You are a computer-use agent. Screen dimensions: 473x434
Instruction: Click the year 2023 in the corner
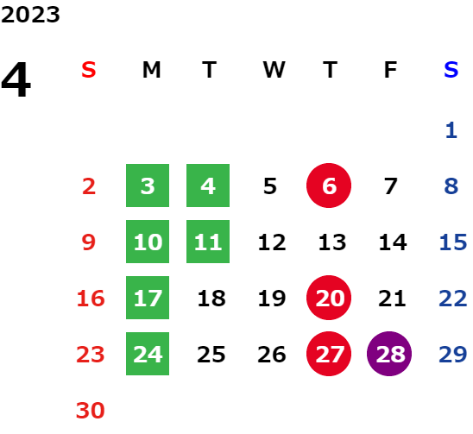tap(30, 15)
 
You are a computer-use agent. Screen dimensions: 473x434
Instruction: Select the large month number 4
tap(16, 80)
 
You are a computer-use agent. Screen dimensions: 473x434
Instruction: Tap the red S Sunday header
tap(89, 70)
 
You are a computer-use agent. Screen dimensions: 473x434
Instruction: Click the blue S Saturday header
tap(451, 70)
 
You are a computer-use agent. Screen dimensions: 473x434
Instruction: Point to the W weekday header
tap(274, 70)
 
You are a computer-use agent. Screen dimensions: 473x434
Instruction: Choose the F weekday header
tap(391, 70)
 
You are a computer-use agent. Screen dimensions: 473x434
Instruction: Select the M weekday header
tap(151, 70)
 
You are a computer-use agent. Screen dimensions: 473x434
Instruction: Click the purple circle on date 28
tap(389, 354)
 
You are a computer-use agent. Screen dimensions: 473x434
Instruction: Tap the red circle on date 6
tap(329, 186)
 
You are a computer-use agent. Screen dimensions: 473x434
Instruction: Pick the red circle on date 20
tap(329, 298)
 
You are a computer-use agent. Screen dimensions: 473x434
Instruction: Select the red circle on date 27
tap(329, 354)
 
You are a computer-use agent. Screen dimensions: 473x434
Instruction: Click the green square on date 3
tap(148, 186)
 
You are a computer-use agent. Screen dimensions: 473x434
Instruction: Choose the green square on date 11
tap(208, 242)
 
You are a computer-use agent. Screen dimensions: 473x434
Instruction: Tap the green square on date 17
tap(148, 298)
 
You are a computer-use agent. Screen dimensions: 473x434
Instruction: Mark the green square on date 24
tap(148, 354)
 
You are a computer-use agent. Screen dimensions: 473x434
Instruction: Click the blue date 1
tap(451, 130)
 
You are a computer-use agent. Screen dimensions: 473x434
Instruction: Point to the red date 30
tap(91, 410)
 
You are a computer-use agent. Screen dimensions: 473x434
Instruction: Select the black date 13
tap(332, 242)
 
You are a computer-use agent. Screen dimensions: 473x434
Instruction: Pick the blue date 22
tap(453, 298)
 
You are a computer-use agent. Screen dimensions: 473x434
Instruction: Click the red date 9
tap(89, 242)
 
